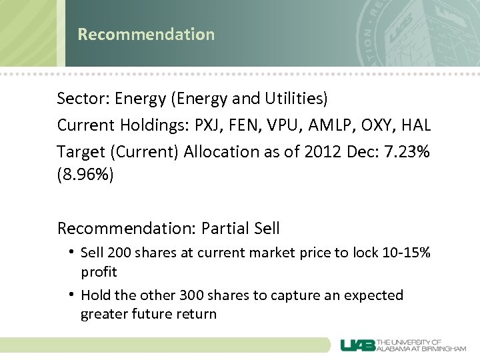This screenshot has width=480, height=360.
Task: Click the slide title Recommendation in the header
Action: [146, 35]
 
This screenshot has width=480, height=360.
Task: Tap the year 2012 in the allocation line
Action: [323, 152]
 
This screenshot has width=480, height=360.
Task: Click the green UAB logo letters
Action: [357, 345]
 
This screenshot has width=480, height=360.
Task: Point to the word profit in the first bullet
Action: [99, 272]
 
